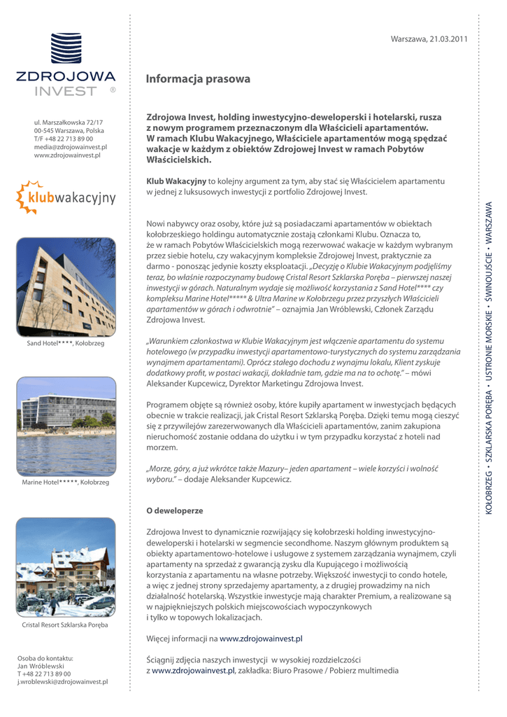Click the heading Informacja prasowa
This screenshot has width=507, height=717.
pyautogui.click(x=198, y=79)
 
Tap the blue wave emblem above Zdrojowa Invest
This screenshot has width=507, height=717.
pyautogui.click(x=66, y=48)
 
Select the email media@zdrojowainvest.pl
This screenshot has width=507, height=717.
pyautogui.click(x=70, y=147)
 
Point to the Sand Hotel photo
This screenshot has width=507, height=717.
pyautogui.click(x=66, y=286)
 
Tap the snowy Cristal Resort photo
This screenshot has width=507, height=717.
pyautogui.click(x=66, y=566)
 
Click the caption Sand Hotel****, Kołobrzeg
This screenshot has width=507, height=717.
pyautogui.click(x=65, y=343)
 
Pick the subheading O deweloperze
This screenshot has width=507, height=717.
pyautogui.click(x=174, y=511)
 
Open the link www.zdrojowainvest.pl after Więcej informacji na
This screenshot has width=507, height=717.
pyautogui.click(x=261, y=639)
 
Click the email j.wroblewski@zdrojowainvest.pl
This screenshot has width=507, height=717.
pyautogui.click(x=62, y=681)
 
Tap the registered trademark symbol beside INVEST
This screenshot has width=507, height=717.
pyautogui.click(x=113, y=90)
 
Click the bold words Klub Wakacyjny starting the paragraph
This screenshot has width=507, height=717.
pyautogui.click(x=176, y=181)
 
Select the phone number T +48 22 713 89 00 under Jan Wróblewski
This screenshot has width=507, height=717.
pyautogui.click(x=44, y=674)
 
